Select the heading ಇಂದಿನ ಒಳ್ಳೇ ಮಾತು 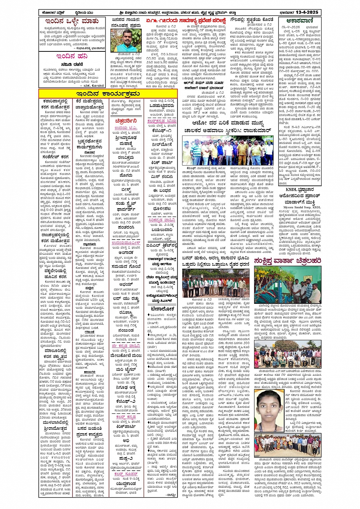point(72,21)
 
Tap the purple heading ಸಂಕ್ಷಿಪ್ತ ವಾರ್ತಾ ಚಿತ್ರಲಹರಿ point(288,260)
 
